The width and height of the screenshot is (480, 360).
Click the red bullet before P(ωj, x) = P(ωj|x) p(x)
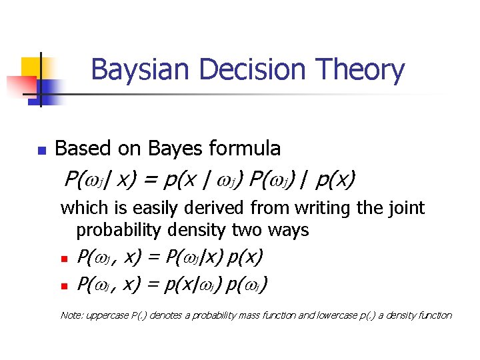(65, 259)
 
